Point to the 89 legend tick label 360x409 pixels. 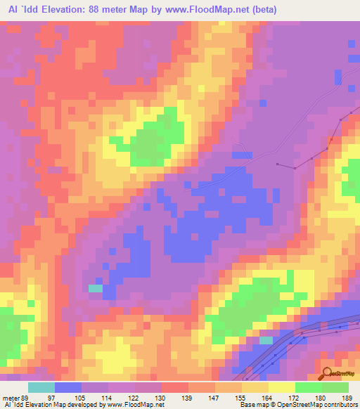click(x=26, y=398)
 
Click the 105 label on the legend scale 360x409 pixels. click(x=79, y=398)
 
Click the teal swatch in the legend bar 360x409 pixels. click(x=41, y=387)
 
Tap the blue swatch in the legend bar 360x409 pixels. click(x=67, y=387)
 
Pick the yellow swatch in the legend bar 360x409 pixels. click(x=282, y=387)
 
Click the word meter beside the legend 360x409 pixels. click(x=11, y=398)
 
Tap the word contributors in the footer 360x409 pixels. click(x=342, y=405)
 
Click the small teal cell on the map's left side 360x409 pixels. click(x=95, y=287)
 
